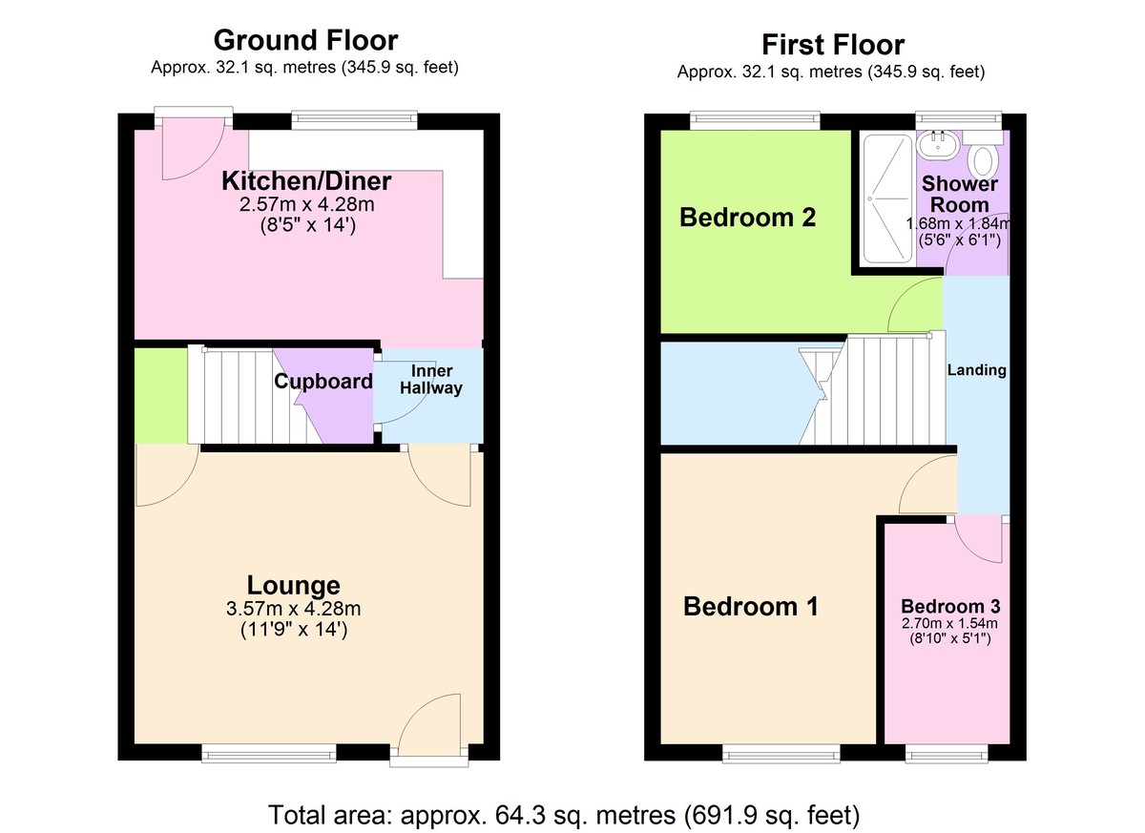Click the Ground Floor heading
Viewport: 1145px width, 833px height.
305,40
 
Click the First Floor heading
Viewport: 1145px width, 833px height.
832,44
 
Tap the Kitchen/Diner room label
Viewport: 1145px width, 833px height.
306,181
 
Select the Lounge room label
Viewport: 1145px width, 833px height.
293,585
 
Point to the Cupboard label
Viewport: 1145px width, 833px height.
323,382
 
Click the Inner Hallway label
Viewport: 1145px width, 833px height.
431,379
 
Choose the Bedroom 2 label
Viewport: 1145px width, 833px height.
747,218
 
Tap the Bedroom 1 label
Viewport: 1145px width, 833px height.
751,606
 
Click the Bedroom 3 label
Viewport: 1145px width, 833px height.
950,607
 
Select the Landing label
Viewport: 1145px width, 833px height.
976,370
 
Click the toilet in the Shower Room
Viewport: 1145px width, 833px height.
985,156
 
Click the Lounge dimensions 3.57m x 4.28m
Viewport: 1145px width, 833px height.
293,609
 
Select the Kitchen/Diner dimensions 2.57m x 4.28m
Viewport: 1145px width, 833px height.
306,204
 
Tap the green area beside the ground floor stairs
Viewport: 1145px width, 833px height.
160,396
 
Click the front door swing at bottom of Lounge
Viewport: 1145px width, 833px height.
429,727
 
